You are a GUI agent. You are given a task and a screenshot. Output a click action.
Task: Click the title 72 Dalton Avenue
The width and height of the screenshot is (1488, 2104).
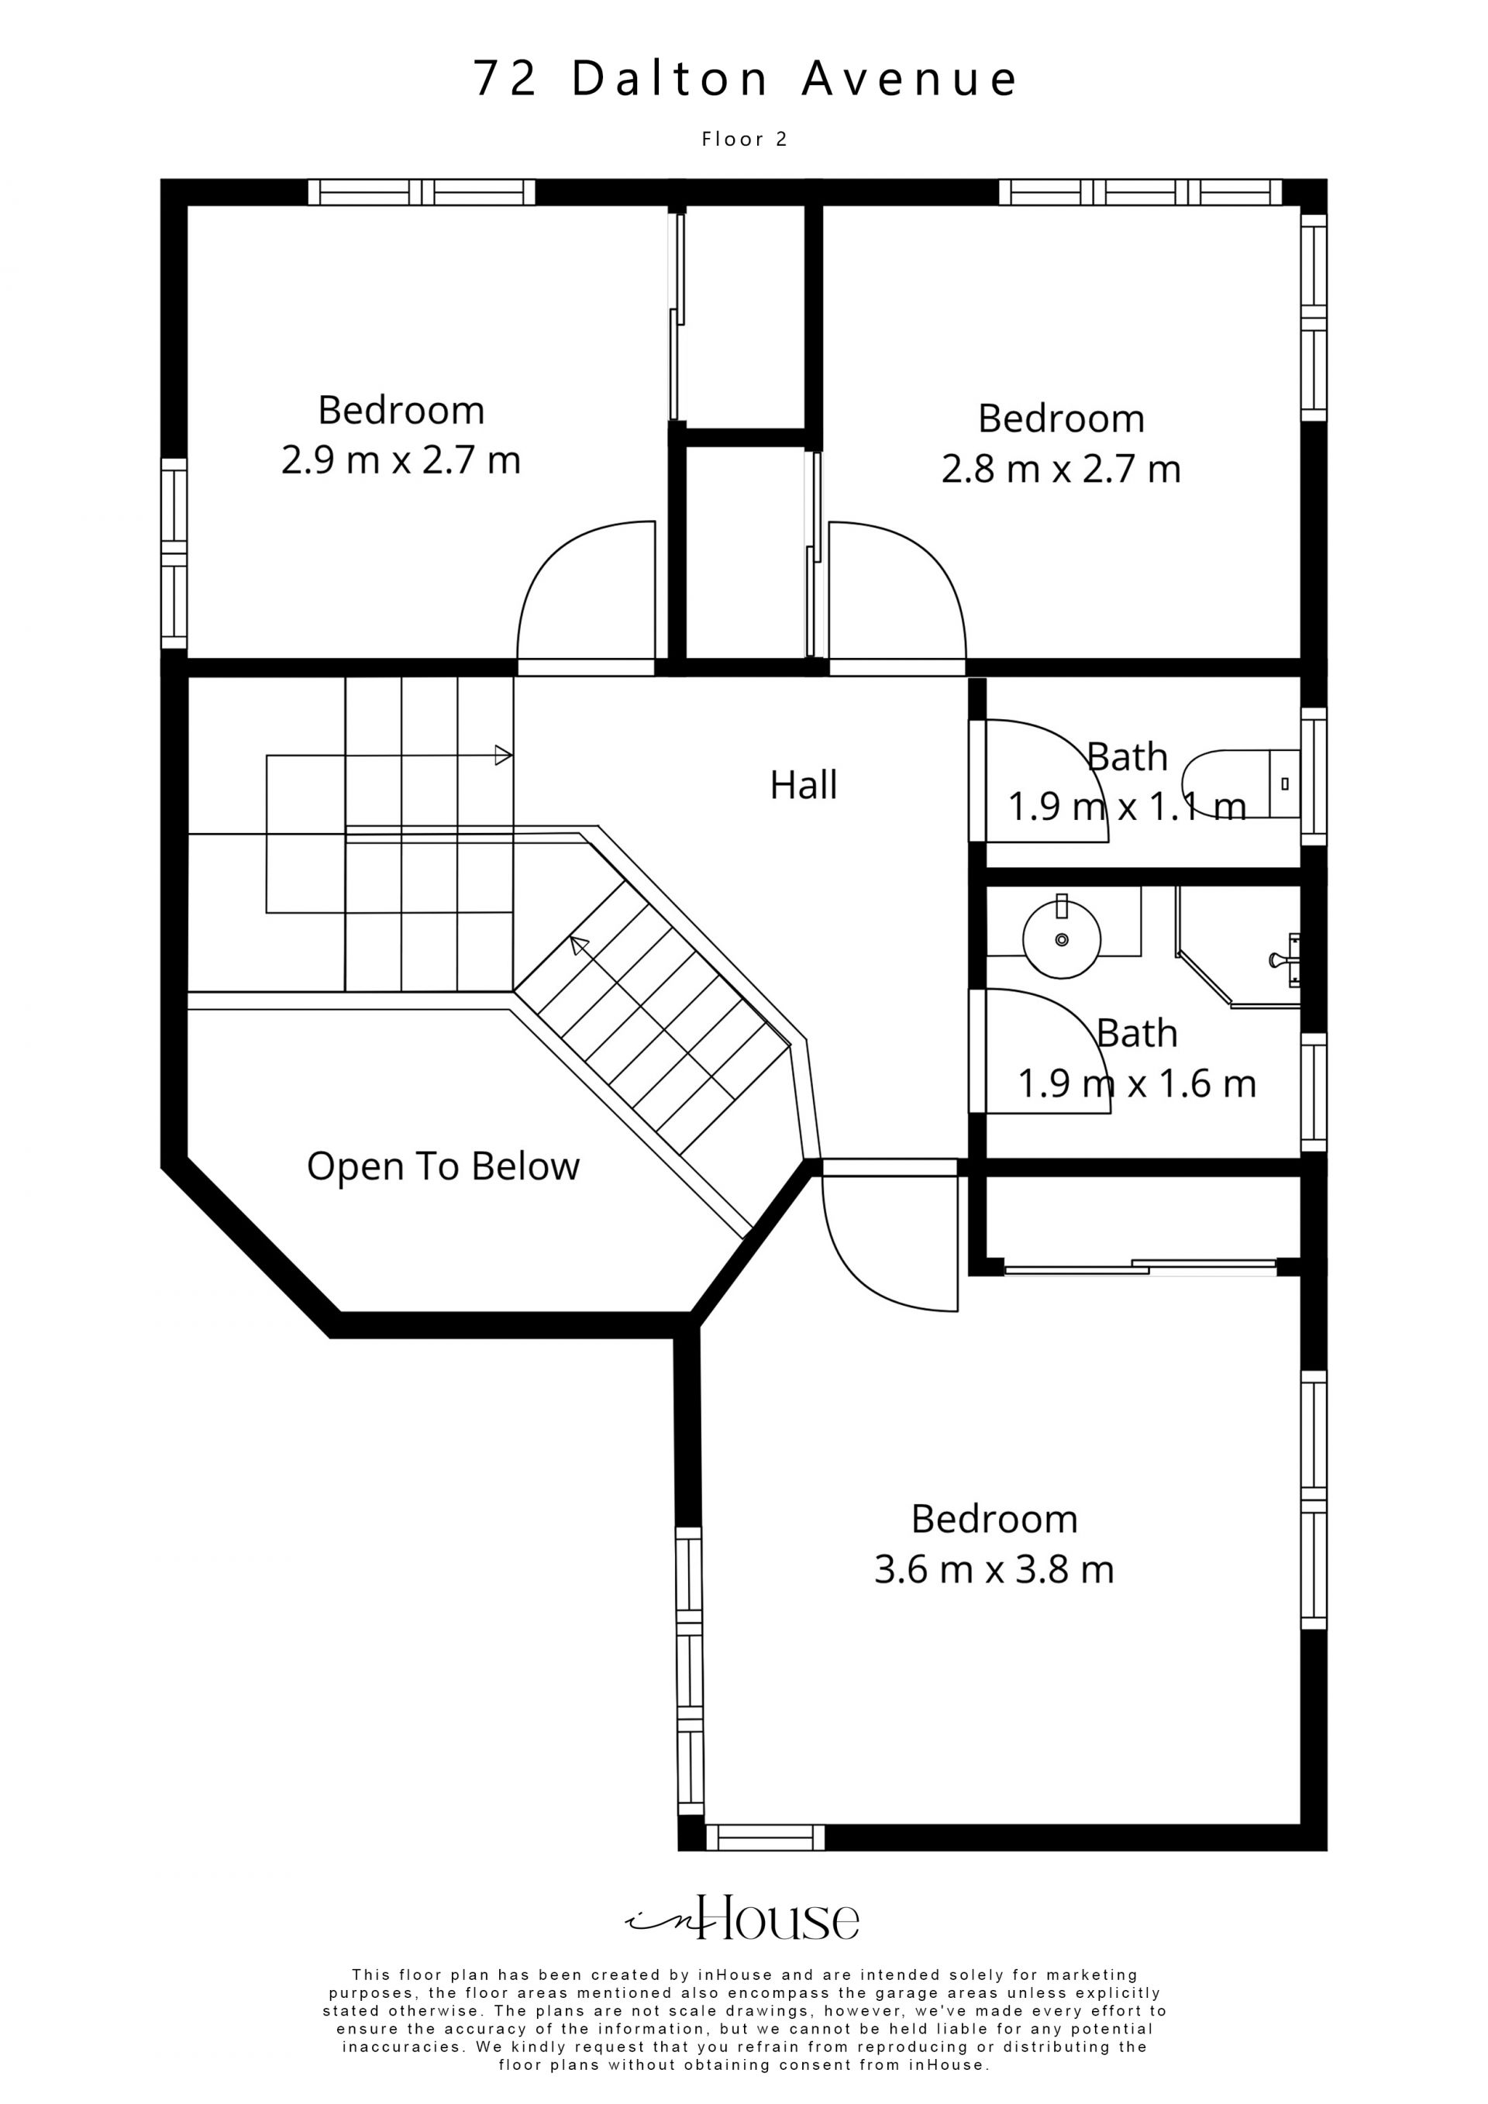[744, 79]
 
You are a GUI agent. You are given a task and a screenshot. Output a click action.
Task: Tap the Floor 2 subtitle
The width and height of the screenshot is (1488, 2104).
[744, 139]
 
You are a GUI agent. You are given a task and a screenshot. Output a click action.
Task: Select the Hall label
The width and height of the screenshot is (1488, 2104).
[804, 785]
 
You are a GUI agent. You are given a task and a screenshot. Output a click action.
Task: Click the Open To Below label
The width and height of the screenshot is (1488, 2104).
[443, 1166]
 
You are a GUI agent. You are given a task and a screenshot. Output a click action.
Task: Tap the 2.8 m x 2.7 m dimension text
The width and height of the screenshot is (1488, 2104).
[1061, 469]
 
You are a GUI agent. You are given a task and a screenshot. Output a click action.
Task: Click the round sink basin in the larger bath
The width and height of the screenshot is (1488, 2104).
[1062, 938]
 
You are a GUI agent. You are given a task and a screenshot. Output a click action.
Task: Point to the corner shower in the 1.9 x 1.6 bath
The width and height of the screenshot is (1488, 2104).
[1237, 949]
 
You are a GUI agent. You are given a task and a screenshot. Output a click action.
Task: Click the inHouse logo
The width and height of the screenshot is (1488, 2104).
[742, 1918]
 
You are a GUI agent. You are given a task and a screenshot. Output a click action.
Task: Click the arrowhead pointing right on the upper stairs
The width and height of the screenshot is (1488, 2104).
[503, 755]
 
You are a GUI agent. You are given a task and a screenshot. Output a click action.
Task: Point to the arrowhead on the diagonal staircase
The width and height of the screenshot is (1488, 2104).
[578, 945]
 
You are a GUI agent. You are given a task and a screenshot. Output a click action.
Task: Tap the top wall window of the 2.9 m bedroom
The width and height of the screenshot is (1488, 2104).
[422, 191]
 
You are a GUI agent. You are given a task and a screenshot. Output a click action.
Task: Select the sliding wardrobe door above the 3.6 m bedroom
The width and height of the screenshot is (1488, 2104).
[1140, 1267]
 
